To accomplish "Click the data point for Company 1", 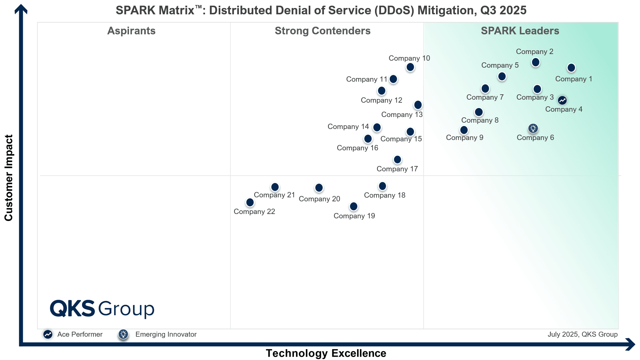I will (x=571, y=68).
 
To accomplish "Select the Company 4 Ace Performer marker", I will (x=562, y=100).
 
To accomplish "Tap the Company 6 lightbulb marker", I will (x=533, y=128).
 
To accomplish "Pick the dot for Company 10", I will (x=410, y=67).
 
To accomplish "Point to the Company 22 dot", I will (x=250, y=202).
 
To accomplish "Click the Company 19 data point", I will (x=353, y=207).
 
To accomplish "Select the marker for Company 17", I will (x=397, y=160).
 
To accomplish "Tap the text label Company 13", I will (x=402, y=115).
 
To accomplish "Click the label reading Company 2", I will (x=534, y=52).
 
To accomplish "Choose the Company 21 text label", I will (x=274, y=195).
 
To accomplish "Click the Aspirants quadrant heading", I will (x=131, y=31).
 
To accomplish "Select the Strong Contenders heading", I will (x=322, y=31).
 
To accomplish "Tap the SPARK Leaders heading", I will (x=520, y=31).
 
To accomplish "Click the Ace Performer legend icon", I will (x=48, y=334).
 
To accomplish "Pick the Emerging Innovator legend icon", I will (x=123, y=334).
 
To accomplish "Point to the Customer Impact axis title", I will (x=9, y=178).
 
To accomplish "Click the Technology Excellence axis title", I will (x=326, y=353).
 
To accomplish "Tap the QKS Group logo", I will (x=102, y=309).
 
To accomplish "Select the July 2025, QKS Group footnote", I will (x=582, y=334).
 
